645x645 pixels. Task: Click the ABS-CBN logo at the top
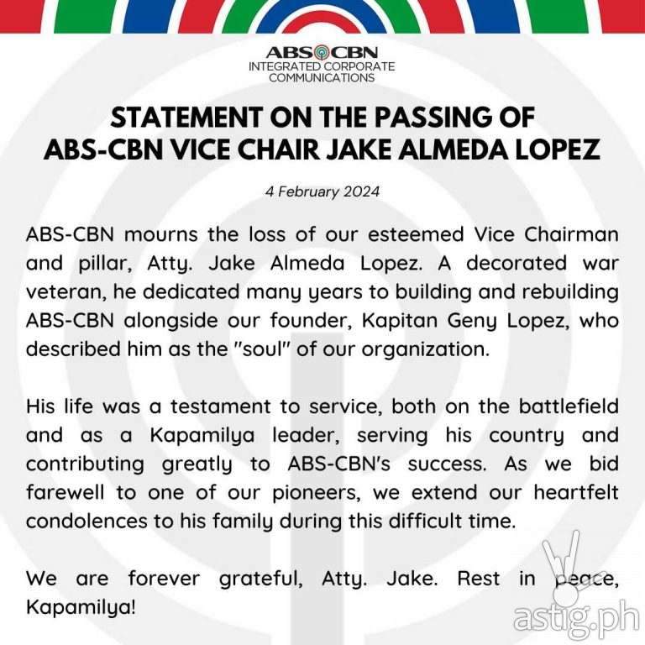(x=322, y=51)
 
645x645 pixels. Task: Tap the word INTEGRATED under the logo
(x=293, y=66)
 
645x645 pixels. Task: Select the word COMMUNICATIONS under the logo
(x=322, y=78)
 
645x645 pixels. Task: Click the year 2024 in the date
(x=362, y=191)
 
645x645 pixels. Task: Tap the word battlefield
(x=566, y=406)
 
